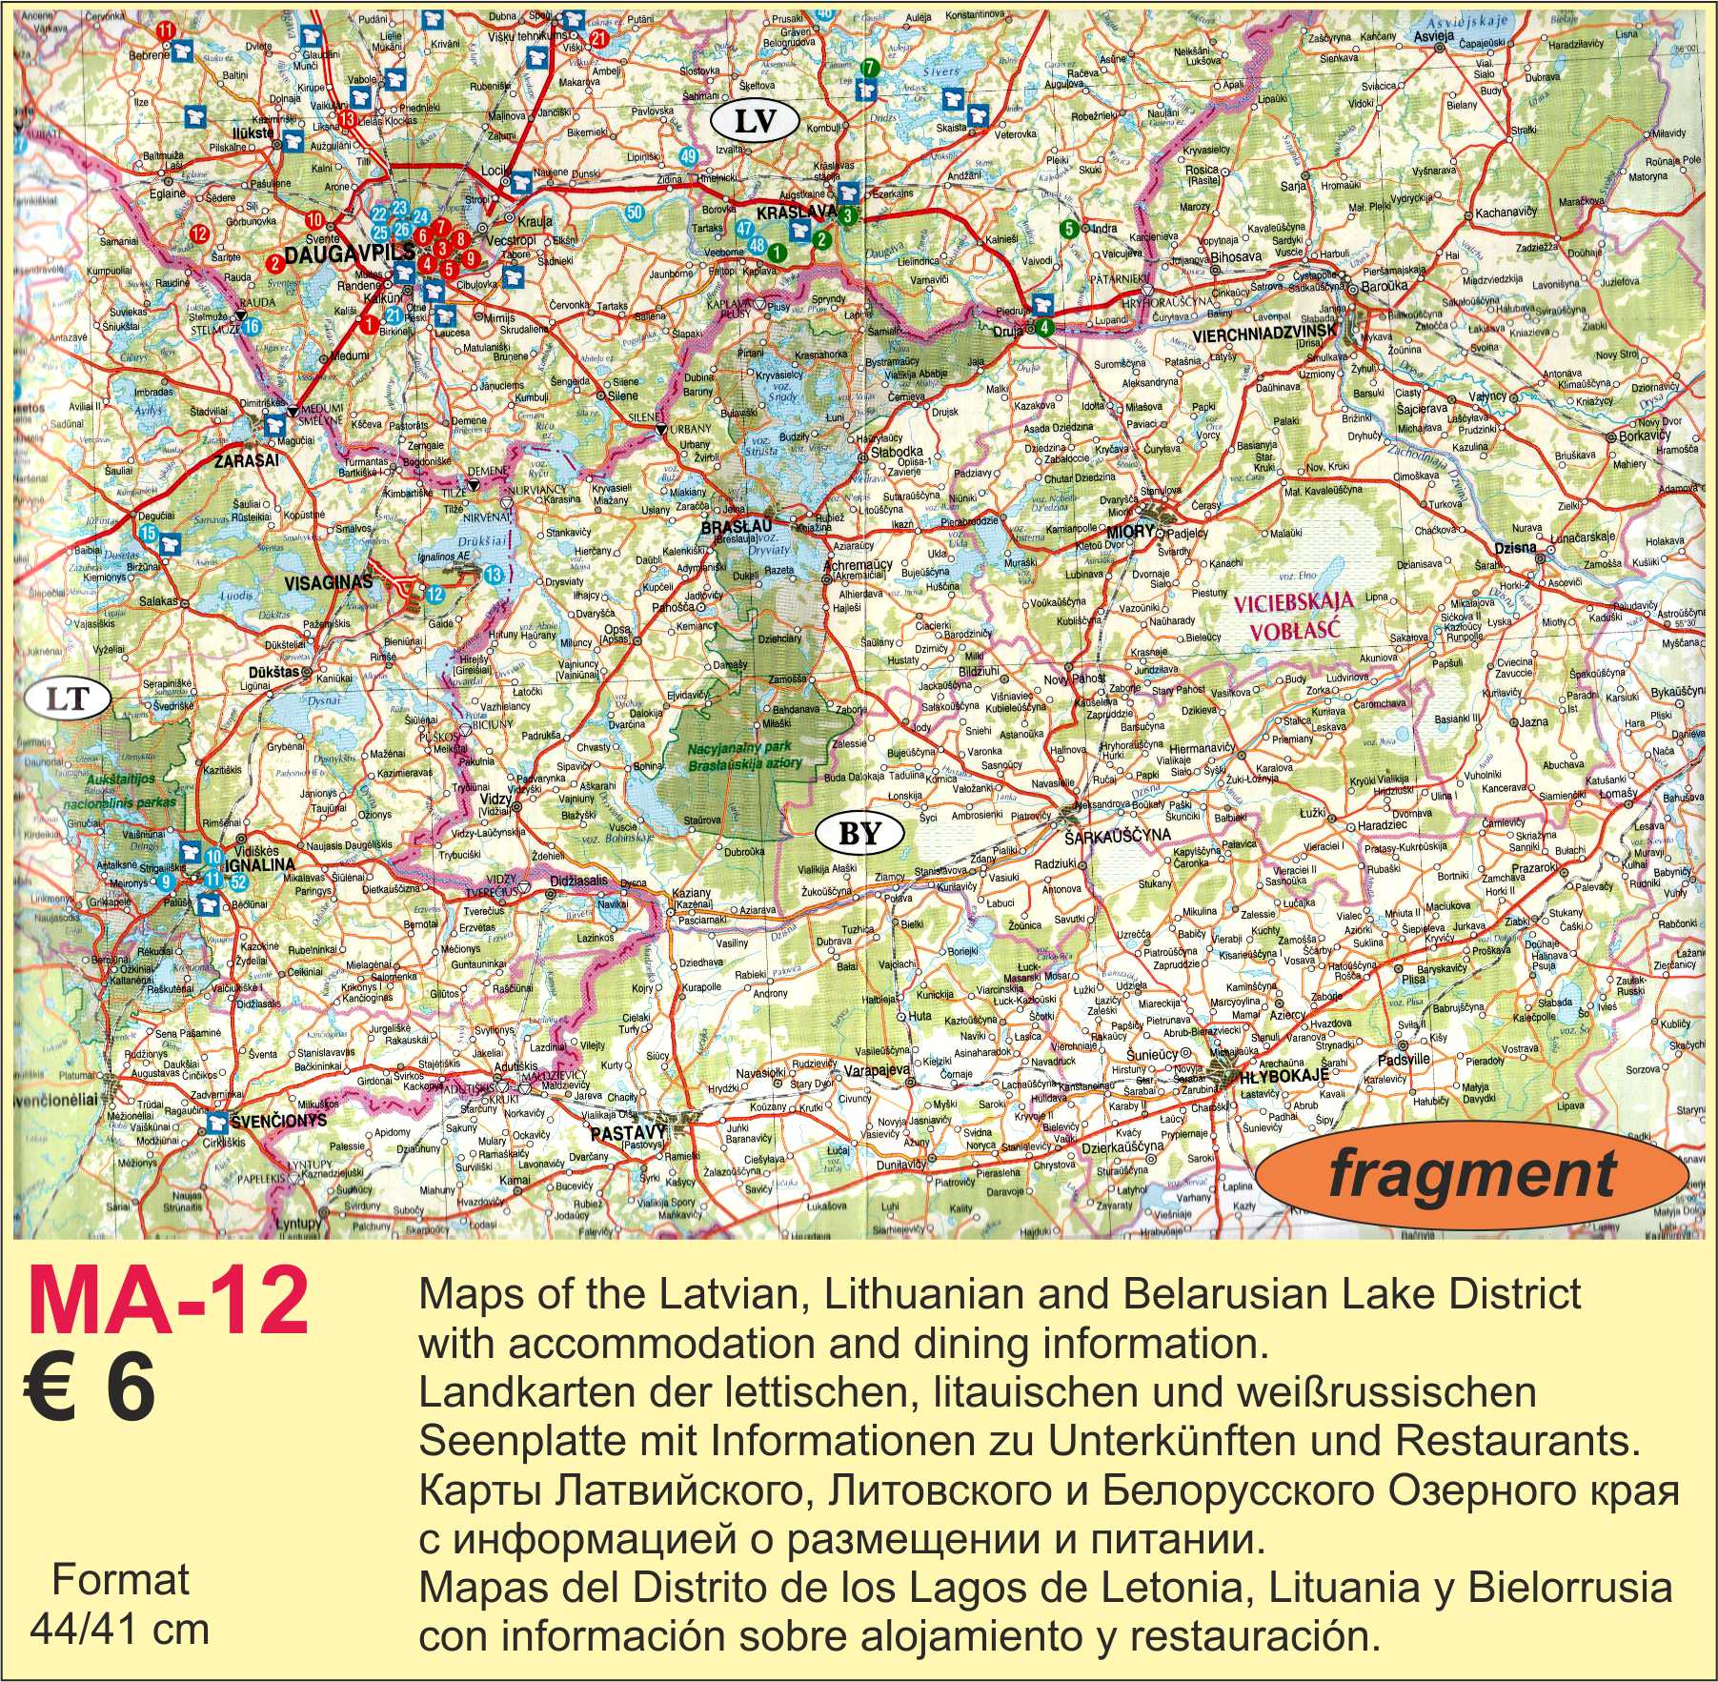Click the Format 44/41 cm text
click(119, 1604)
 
